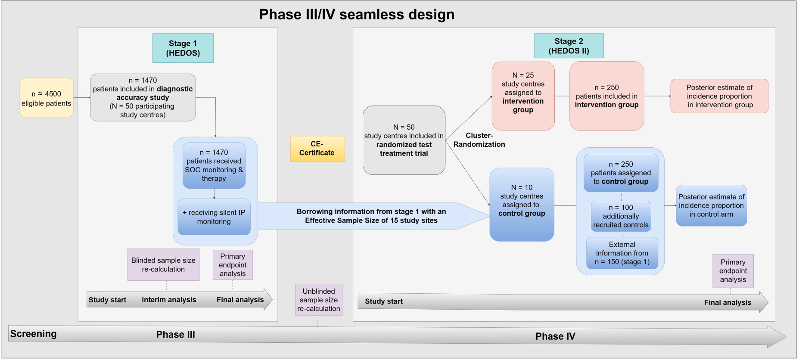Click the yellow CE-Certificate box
[x=317, y=149]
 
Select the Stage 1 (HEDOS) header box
[x=183, y=48]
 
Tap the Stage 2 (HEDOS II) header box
[x=569, y=46]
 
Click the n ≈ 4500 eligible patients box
[x=47, y=98]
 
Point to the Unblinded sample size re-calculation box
[x=319, y=300]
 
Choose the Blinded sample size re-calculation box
[x=163, y=264]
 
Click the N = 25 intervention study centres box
[x=523, y=96]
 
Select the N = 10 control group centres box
[x=522, y=205]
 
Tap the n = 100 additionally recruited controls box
[x=621, y=216]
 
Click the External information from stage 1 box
[x=622, y=253]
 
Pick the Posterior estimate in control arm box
[x=711, y=205]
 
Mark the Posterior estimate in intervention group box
[x=719, y=96]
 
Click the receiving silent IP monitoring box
[x=214, y=217]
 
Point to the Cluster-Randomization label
[x=479, y=140]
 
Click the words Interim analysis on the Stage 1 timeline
[x=169, y=300]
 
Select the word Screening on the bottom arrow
[x=34, y=334]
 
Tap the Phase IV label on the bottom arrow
[x=555, y=336]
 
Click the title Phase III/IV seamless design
[x=357, y=14]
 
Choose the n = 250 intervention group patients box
[x=606, y=96]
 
